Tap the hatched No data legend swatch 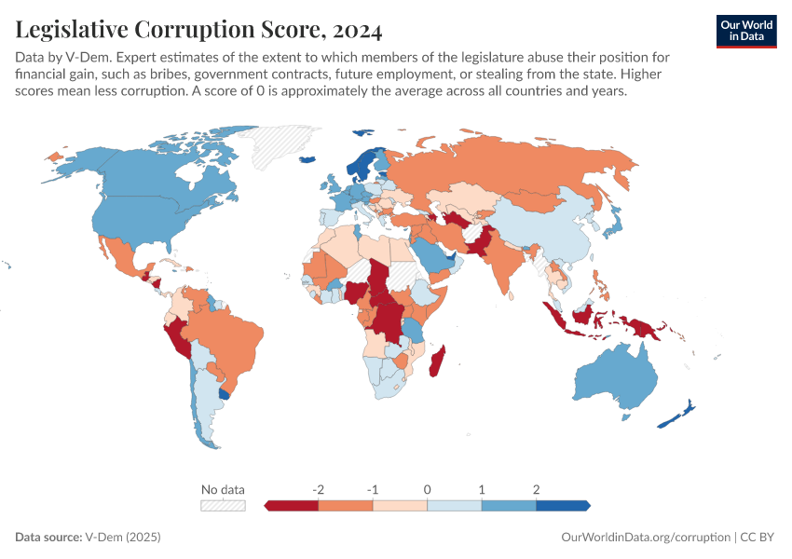pyautogui.click(x=223, y=505)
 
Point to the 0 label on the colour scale pyautogui.click(x=427, y=489)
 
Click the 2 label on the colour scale pyautogui.click(x=536, y=489)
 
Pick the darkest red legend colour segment pyautogui.click(x=293, y=505)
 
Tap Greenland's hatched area pyautogui.click(x=280, y=144)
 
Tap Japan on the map pyautogui.click(x=615, y=220)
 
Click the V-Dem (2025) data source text pyautogui.click(x=123, y=538)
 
